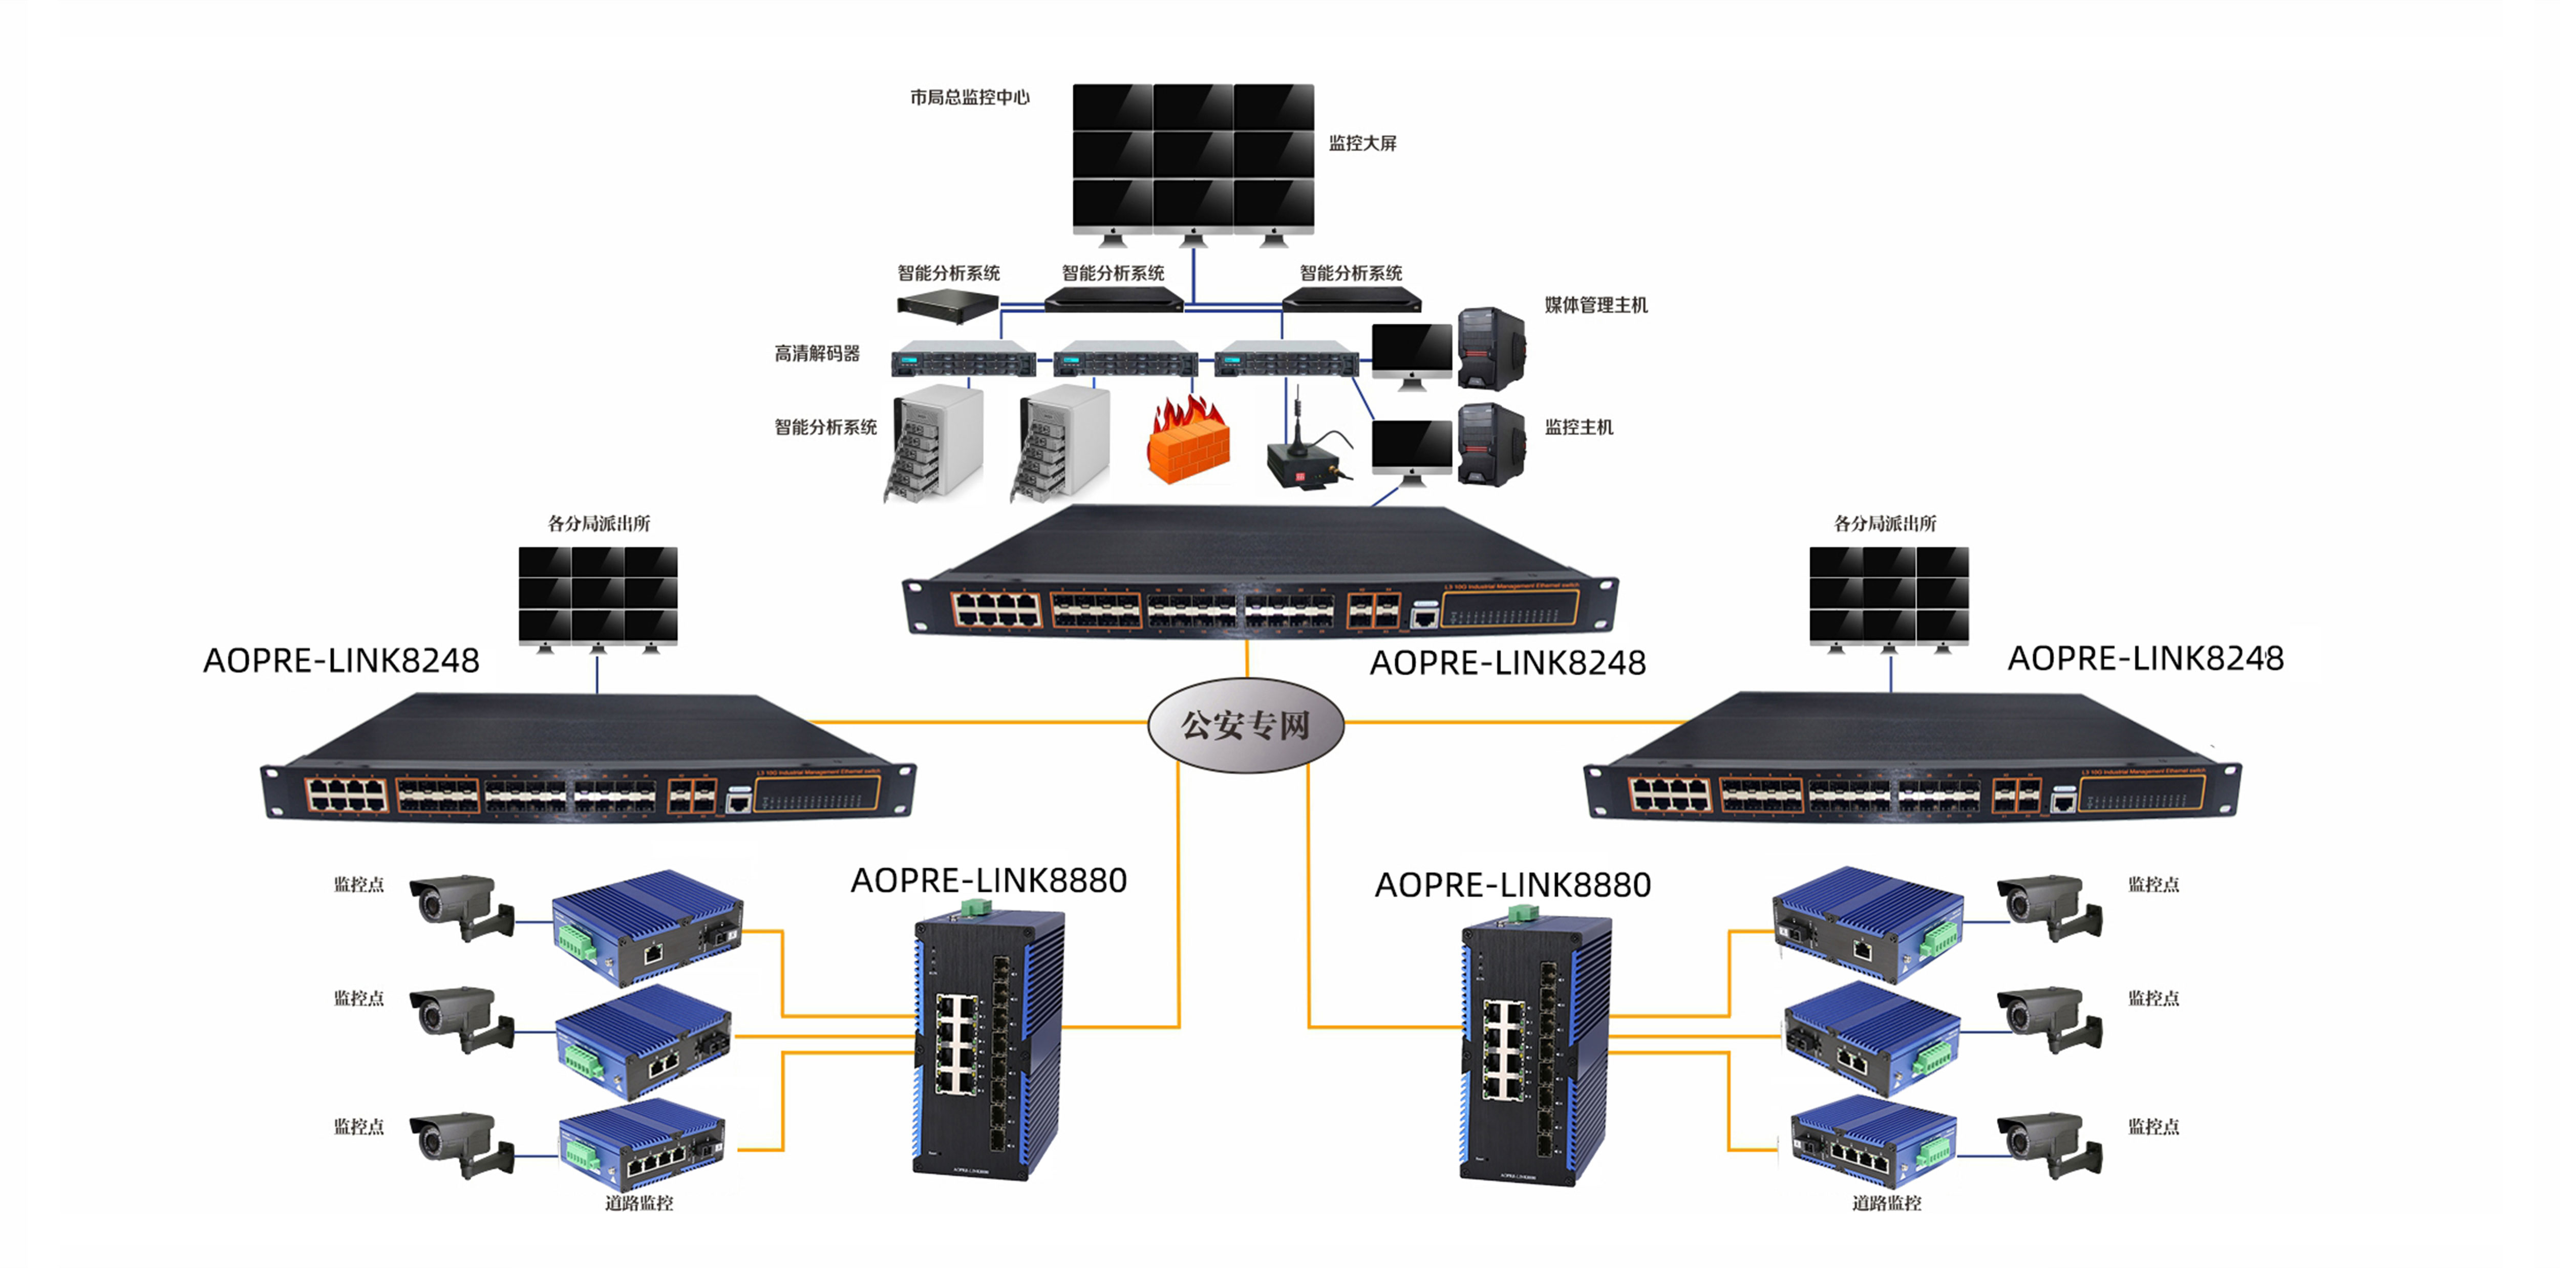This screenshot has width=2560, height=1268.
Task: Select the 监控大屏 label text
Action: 1362,143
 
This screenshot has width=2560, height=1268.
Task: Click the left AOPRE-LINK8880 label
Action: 989,880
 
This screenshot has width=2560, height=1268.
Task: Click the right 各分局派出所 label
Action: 1885,524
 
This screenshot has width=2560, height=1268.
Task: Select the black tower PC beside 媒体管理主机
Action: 1490,348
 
